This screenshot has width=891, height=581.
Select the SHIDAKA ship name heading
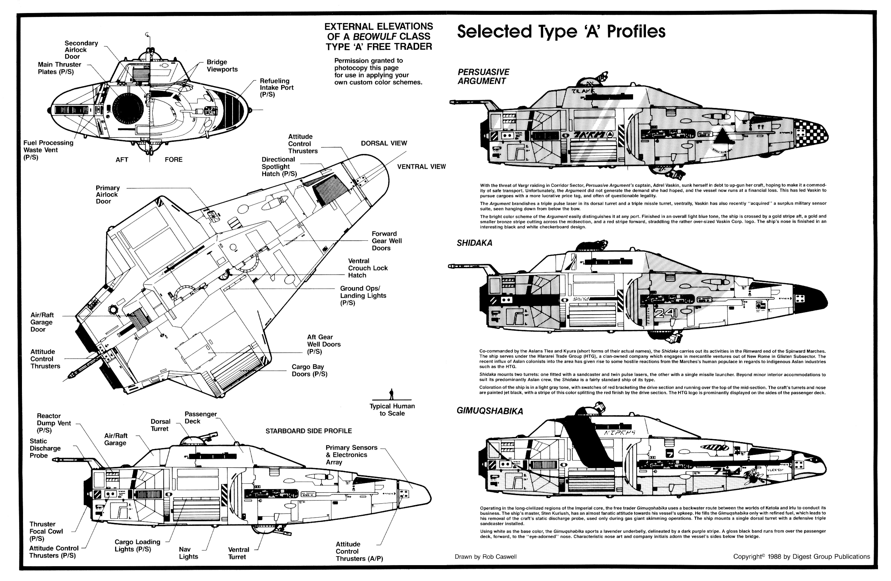(x=474, y=243)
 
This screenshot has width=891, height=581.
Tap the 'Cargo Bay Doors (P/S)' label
(x=309, y=370)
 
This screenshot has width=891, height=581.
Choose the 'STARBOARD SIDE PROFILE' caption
(x=308, y=431)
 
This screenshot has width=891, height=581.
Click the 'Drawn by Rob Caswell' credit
(x=485, y=557)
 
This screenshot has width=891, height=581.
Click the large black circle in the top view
(x=128, y=109)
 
